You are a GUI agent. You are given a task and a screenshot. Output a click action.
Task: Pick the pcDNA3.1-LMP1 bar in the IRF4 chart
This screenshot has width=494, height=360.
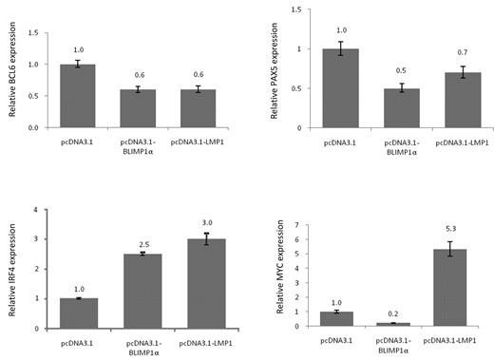click(x=193, y=283)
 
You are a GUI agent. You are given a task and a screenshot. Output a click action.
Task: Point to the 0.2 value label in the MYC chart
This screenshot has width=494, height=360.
click(x=389, y=313)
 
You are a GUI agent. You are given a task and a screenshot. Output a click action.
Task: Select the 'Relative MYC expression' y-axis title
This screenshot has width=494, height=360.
click(x=282, y=275)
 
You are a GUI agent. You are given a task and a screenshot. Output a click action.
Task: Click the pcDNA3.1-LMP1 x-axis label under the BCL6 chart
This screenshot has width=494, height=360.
click(x=193, y=142)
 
